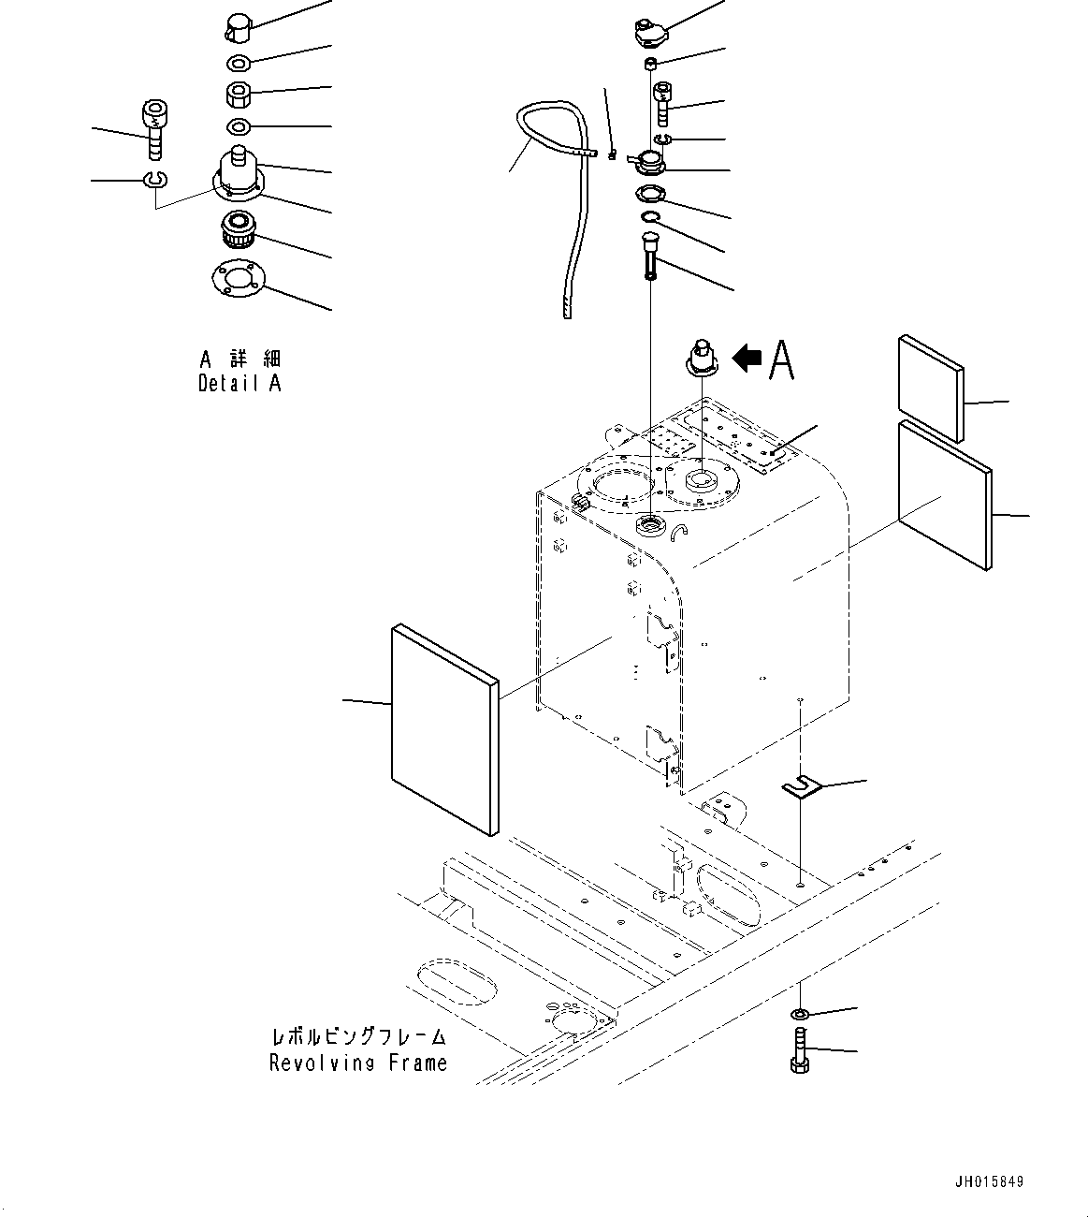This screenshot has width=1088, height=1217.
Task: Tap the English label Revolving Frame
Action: (358, 1063)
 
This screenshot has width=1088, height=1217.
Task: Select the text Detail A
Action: (239, 383)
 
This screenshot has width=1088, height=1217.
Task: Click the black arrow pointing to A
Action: (747, 359)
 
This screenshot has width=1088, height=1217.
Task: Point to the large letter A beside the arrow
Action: (782, 359)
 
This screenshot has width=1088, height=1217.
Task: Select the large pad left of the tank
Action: (445, 730)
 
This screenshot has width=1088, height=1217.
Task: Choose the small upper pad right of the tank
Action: (931, 389)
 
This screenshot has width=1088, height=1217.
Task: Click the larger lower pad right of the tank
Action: (945, 495)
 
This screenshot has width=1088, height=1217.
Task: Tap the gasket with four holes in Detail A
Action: (239, 278)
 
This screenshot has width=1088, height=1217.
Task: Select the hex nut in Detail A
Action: (239, 95)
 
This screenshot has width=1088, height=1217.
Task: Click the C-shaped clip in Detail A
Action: (156, 179)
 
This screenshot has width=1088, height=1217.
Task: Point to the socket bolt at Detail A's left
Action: (155, 130)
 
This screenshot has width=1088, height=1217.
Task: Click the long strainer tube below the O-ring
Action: (650, 256)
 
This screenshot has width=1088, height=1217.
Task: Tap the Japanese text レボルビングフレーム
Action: (358, 1037)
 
